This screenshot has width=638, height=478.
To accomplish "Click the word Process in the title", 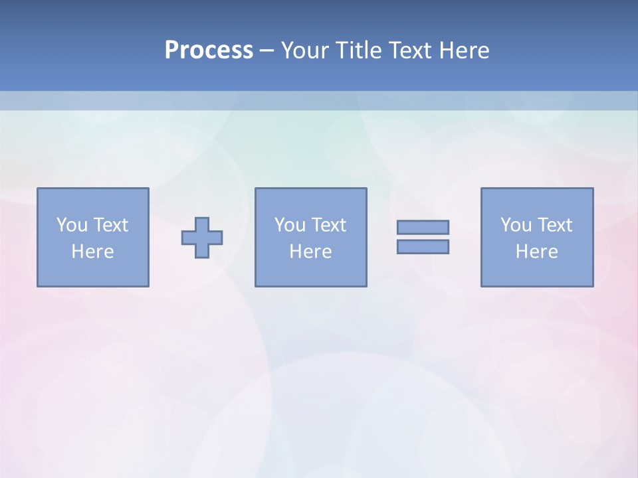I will tap(209, 50).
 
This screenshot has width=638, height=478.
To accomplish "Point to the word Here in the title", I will tap(464, 50).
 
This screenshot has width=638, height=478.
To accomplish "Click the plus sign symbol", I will tap(202, 237).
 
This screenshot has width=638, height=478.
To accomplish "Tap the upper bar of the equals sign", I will tap(423, 227).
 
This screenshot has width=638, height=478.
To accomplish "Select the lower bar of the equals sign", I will tap(423, 246).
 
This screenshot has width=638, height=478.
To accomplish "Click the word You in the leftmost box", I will tap(72, 225).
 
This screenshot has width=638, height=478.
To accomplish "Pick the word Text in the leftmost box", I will tap(110, 225).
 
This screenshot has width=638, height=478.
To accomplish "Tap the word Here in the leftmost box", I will tap(92, 252).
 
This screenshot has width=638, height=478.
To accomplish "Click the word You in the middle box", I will tap(290, 225).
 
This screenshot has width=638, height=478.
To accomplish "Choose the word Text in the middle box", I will tap(328, 225).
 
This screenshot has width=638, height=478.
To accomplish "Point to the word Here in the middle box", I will tap(310, 252).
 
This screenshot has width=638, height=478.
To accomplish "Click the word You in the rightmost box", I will tap(516, 225).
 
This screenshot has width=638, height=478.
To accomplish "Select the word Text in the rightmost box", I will tap(554, 225).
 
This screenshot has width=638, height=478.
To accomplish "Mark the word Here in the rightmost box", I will tap(536, 252).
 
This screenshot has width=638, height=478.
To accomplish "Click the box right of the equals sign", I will tap(537, 272).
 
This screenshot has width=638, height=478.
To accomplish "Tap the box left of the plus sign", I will tap(93, 272).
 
